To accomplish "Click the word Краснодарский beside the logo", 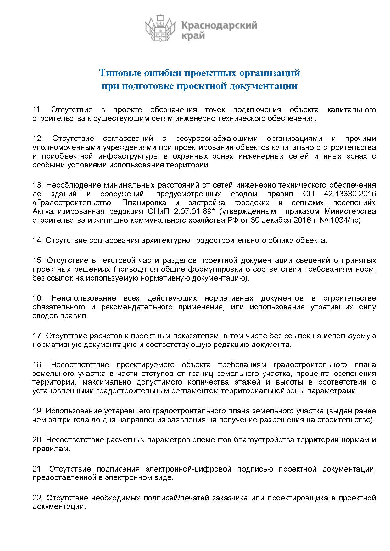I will point(220,25).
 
